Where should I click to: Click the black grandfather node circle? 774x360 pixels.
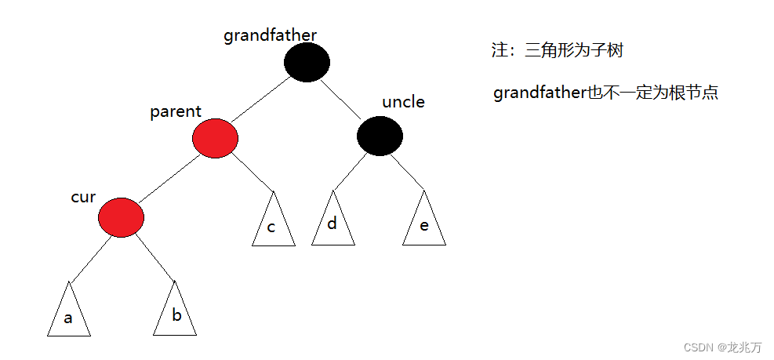[307, 63]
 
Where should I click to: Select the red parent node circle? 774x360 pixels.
[214, 139]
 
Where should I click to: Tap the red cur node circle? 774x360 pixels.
[122, 217]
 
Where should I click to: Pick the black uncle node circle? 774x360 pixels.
[380, 136]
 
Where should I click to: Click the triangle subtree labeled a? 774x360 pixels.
[69, 313]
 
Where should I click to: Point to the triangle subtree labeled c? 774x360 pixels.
[274, 223]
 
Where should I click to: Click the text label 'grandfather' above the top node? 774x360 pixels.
[270, 35]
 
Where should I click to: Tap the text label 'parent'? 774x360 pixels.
[176, 112]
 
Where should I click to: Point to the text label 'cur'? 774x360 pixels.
[83, 197]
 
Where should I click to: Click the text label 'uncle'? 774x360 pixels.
[403, 102]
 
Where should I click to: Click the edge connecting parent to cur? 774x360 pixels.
[169, 178]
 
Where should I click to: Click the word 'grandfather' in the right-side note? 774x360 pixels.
[540, 93]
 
